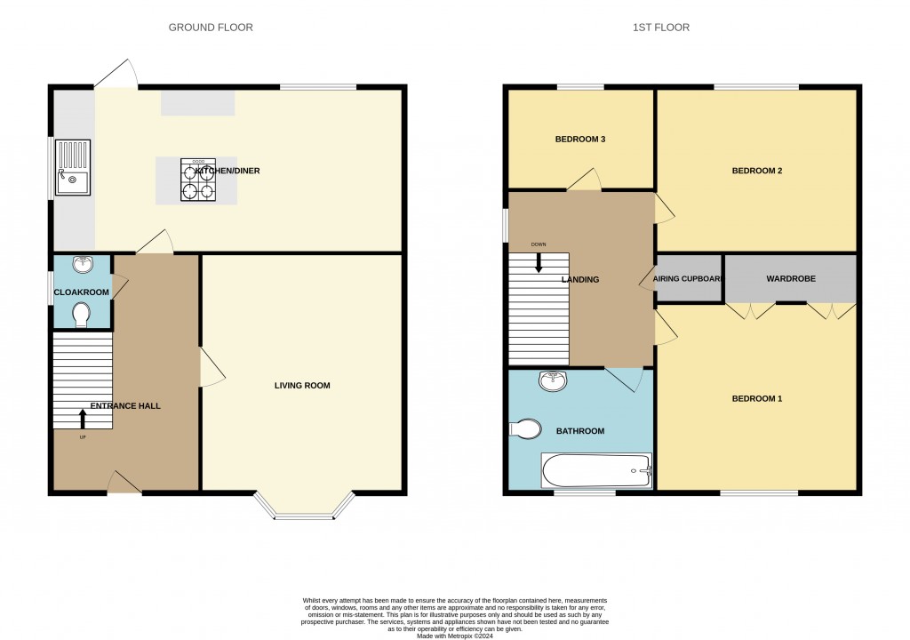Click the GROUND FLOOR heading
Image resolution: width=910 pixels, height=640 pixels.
pos(211,28)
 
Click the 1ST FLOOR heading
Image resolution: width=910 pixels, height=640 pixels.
pos(660,28)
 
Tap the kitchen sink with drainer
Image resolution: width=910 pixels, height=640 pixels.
pos(72,167)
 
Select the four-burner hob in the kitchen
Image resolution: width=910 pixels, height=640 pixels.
pos(197,180)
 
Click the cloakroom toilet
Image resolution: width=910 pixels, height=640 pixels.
pos(82,315)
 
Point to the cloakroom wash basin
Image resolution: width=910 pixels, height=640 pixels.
pos(83,265)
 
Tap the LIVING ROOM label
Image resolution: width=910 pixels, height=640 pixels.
pos(302,386)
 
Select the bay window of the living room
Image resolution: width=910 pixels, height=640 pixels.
pos(303,507)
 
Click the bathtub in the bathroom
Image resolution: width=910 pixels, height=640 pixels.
pos(596,470)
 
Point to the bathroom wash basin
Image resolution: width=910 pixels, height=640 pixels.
pos(554,381)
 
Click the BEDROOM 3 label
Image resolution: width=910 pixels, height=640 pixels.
pos(580,140)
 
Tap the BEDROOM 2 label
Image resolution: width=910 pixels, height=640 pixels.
pos(756,171)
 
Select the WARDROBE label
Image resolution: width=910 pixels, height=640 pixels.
pos(791,279)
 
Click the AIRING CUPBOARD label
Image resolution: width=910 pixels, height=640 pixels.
pos(688,279)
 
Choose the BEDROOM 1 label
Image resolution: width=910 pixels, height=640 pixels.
pos(756,399)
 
